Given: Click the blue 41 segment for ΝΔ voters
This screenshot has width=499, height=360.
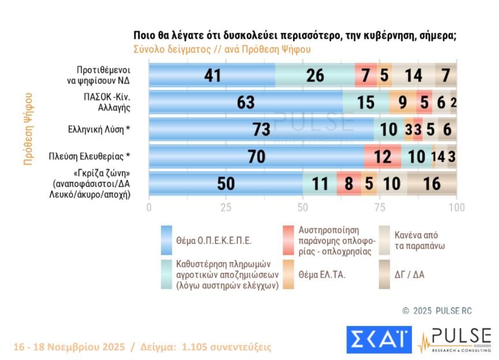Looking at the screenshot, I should (212, 75).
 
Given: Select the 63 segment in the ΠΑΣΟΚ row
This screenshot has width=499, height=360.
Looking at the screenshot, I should (246, 103).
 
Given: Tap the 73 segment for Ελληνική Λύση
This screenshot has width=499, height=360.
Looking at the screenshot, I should (261, 130).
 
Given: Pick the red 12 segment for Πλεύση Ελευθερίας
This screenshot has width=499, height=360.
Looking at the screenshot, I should (382, 157).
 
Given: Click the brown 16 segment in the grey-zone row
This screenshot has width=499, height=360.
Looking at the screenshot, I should (432, 184).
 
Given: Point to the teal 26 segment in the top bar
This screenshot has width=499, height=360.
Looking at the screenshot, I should (315, 75).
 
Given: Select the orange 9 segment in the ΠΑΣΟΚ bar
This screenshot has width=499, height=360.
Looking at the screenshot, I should (403, 103).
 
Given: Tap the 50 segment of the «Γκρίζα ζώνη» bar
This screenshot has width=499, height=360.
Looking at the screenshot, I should (226, 184).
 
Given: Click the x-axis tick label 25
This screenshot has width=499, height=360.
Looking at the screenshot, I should (226, 207).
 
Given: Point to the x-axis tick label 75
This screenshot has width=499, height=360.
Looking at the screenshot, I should (380, 207).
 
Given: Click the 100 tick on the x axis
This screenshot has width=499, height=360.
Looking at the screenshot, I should (456, 207).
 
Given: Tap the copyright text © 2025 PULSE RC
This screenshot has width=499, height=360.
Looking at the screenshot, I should (437, 311).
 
